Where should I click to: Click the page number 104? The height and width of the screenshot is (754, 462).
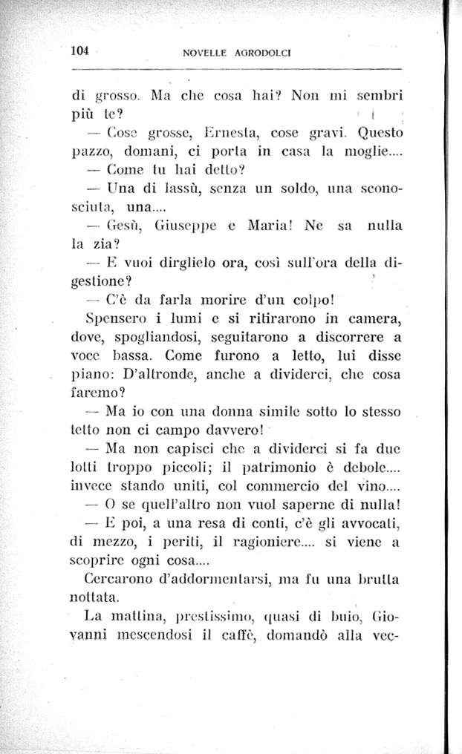pyautogui.click(x=79, y=51)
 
